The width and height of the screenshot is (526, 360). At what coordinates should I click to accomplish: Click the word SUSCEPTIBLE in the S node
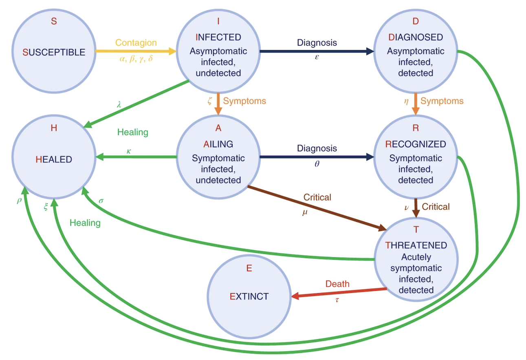pos(54,52)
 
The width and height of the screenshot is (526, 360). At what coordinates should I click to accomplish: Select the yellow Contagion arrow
pos(134,51)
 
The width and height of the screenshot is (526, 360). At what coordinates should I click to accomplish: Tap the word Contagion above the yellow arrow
pos(136,43)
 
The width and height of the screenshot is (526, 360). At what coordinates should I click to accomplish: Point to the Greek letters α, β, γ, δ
pos(136,59)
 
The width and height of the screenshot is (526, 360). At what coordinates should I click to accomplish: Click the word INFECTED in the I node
pos(218,38)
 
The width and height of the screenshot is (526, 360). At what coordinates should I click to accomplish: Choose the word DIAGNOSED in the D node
pos(415,38)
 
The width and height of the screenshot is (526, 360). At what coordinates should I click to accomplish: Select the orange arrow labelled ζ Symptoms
pos(218,104)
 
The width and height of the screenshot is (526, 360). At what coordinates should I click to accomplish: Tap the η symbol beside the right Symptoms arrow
pos(406,101)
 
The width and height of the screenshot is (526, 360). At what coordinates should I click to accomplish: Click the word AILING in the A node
pos(218,144)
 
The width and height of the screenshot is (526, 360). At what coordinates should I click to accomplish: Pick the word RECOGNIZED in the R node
pos(415,144)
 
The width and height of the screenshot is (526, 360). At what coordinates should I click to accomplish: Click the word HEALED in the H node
pos(54,159)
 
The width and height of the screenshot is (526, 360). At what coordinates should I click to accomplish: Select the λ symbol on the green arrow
pos(119,105)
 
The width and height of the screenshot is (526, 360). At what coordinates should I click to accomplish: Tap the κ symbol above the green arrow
pos(129,151)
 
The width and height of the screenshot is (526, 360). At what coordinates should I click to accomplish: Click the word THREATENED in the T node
pos(416,245)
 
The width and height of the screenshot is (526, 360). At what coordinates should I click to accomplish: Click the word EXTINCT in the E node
pos(249,296)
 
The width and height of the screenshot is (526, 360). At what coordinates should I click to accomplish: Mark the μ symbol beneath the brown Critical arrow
pos(304,212)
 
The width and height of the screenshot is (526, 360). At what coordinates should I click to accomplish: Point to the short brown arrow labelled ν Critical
pos(416,208)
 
